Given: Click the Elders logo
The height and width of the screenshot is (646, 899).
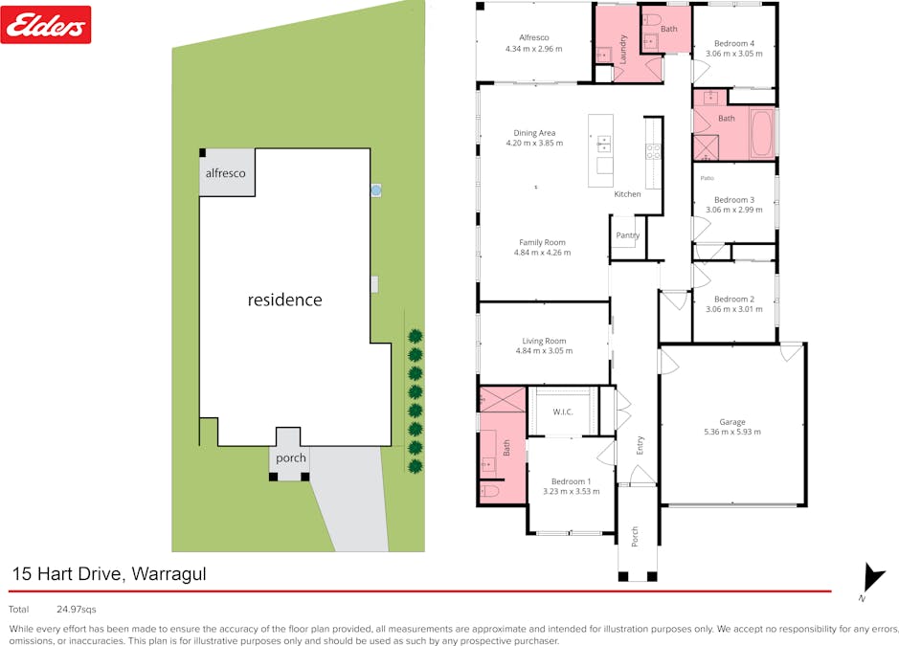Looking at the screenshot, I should point(47,25).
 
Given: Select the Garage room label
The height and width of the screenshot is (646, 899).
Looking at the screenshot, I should point(732,422).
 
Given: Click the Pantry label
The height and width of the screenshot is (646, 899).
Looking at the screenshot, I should point(628,235).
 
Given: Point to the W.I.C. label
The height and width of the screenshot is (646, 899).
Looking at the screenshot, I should point(563,412).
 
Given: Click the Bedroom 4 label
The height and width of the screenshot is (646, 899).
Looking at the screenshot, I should point(734,43).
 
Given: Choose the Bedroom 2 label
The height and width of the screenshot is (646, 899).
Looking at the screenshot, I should point(734,299).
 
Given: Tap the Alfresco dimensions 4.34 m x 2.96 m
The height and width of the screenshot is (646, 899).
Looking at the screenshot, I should point(533,48).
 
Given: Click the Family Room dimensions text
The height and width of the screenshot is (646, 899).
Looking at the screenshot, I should point(543,253).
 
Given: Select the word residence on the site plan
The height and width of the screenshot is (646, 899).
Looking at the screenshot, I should point(284,300).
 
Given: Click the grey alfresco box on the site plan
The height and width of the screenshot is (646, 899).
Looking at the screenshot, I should point(227,174).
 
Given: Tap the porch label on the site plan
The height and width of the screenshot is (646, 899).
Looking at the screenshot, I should point(291,457).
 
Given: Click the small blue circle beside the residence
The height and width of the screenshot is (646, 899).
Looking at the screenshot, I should point(375,190).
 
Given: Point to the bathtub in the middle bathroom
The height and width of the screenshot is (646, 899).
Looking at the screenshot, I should point(761,134).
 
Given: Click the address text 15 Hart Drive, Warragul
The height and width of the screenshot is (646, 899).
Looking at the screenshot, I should point(109,574).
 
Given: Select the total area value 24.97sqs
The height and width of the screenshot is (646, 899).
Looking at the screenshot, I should point(77,609).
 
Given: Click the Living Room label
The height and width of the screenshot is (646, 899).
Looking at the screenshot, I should point(544,341).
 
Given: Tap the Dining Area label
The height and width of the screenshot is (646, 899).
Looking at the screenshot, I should point(534,133).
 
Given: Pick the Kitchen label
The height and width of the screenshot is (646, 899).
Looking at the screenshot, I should point(627,194).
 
